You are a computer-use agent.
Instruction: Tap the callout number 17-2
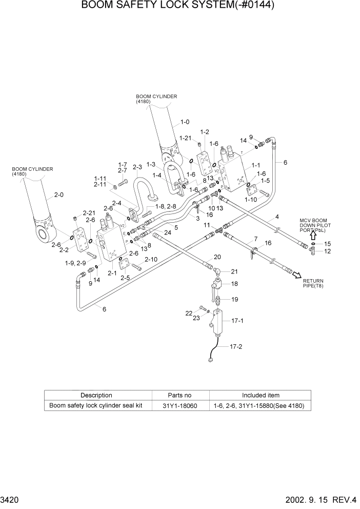(235, 346)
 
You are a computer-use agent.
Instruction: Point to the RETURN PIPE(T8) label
(313, 283)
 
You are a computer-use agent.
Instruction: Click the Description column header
(96, 396)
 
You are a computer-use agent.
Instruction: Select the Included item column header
(261, 396)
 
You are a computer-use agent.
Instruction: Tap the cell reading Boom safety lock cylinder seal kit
(97, 406)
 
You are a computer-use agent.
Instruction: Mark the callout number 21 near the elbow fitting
(234, 271)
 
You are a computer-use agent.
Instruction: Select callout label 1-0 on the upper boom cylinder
(185, 122)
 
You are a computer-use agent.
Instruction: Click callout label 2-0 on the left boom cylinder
(59, 195)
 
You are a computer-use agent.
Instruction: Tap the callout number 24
(167, 232)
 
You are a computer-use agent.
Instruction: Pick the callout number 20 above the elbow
(217, 257)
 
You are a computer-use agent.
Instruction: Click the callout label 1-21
(185, 138)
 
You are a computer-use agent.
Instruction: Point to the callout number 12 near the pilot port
(328, 251)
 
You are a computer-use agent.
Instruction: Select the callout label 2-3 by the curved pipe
(137, 167)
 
